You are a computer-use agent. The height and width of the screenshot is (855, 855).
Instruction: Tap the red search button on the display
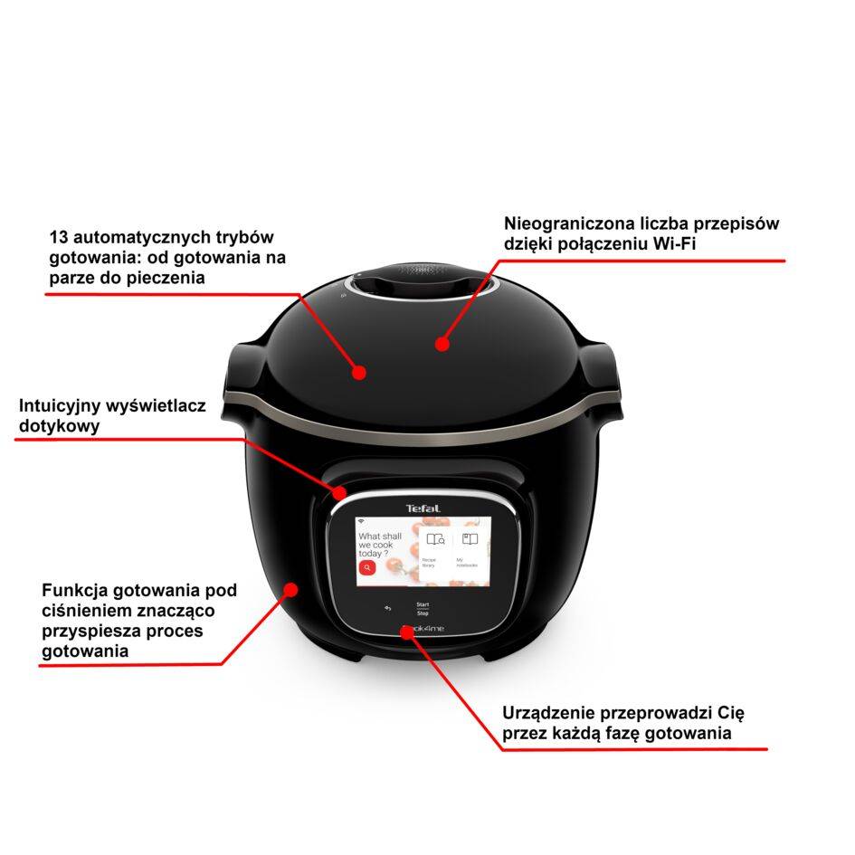(x=366, y=567)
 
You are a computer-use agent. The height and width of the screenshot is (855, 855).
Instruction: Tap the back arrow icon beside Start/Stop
(x=388, y=608)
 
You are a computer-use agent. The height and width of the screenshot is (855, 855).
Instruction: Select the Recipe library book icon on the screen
(x=436, y=540)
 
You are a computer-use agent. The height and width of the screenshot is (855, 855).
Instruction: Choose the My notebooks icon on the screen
(x=470, y=540)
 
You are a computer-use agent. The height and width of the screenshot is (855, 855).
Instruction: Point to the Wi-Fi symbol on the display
(x=360, y=523)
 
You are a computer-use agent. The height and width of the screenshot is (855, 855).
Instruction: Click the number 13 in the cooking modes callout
(x=60, y=238)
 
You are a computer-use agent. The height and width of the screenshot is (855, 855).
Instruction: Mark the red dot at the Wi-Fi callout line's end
(x=442, y=344)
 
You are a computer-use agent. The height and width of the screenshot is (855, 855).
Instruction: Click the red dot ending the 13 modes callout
(x=359, y=372)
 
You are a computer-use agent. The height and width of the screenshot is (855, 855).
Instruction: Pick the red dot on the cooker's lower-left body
(x=291, y=590)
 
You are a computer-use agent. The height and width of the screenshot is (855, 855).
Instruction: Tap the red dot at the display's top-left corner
(x=339, y=493)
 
